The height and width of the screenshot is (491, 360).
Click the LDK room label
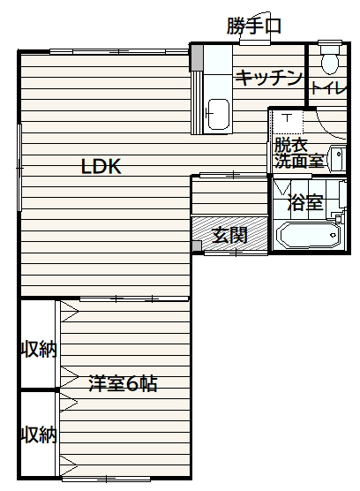[x=101, y=166]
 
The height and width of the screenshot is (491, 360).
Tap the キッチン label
[x=268, y=78]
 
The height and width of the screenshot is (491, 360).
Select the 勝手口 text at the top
[x=253, y=26]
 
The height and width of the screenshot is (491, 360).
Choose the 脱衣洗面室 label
[x=299, y=154]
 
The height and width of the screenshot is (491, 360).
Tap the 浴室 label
[x=305, y=202]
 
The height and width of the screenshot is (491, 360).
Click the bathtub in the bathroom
[x=309, y=235]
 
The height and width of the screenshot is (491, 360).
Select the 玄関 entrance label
[x=229, y=236]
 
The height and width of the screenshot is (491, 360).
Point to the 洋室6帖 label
[x=123, y=383]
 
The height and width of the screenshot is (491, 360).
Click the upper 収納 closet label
[x=39, y=349]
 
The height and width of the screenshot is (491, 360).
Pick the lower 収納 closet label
[x=39, y=434]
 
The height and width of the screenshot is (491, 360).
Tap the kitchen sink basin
[x=218, y=114]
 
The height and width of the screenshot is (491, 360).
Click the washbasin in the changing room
[x=337, y=159]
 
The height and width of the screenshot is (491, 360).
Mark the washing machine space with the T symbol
[x=288, y=122]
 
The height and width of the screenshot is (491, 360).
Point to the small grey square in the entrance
[x=197, y=245]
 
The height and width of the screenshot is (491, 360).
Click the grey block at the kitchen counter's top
[x=197, y=57]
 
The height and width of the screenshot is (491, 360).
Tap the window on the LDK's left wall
[x=19, y=167]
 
